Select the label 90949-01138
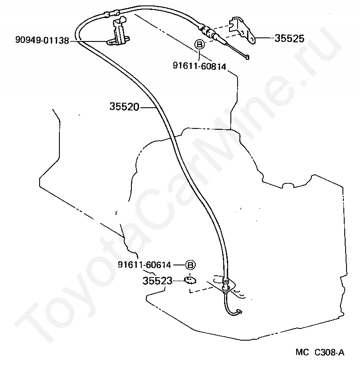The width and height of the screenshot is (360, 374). pyautogui.click(x=42, y=41)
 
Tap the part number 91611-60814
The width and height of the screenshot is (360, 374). pyautogui.click(x=199, y=66)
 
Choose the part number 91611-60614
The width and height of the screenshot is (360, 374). pyautogui.click(x=144, y=265)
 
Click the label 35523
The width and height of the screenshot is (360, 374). pyautogui.click(x=157, y=281)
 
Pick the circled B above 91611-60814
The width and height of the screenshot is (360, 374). pyautogui.click(x=199, y=44)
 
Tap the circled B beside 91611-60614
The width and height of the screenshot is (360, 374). pyautogui.click(x=190, y=265)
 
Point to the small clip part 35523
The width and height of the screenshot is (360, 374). pyautogui.click(x=190, y=281)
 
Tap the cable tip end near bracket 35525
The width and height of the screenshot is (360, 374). pyautogui.click(x=246, y=56)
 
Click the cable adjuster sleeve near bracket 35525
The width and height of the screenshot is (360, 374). pyautogui.click(x=208, y=32)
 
